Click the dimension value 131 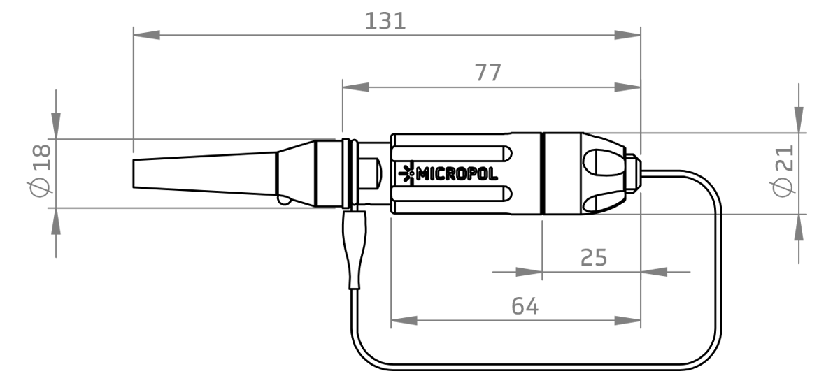385,20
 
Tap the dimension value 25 594,257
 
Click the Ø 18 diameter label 41,169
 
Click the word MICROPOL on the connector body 457,174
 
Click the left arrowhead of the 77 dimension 355,87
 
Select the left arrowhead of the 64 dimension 404,321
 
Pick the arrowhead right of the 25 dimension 653,271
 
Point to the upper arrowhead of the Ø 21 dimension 799,118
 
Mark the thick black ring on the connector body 542,173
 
